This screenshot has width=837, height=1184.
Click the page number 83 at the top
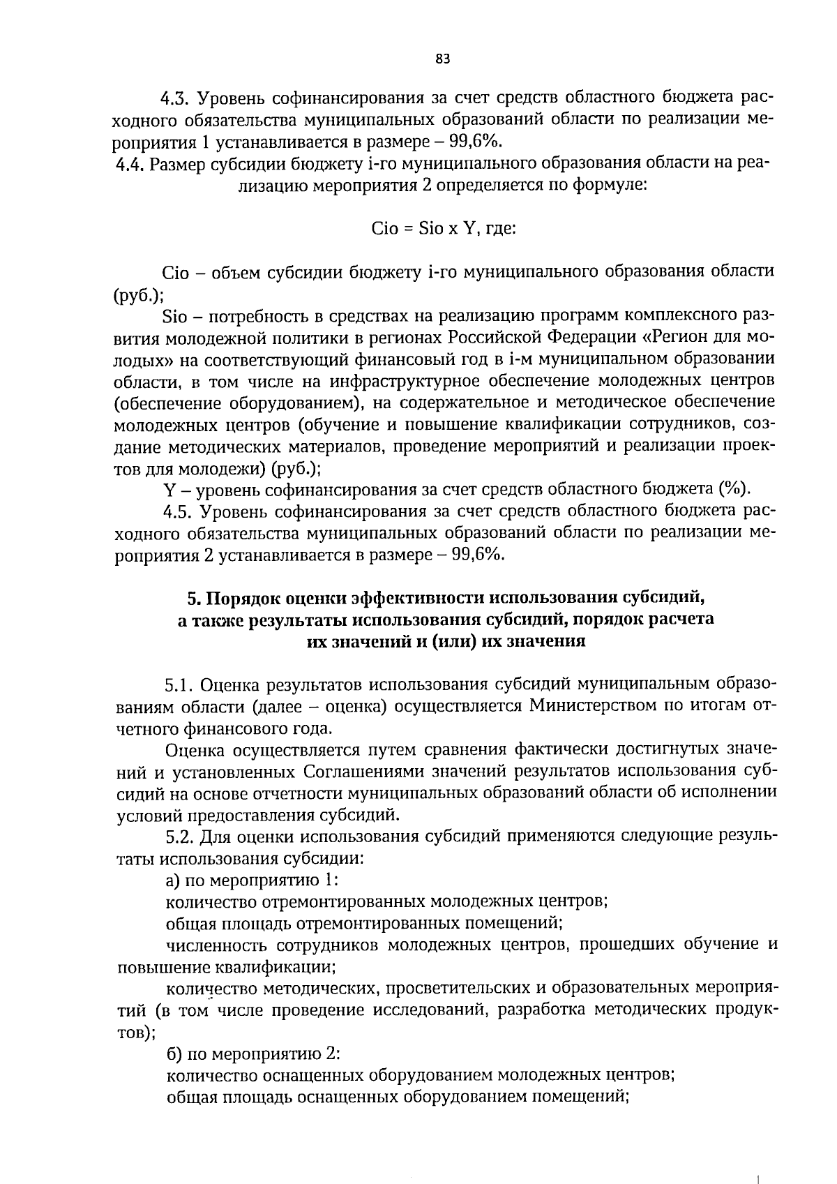point(443,59)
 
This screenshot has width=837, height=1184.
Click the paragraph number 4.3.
point(177,97)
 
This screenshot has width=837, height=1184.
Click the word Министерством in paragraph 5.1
point(592,705)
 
